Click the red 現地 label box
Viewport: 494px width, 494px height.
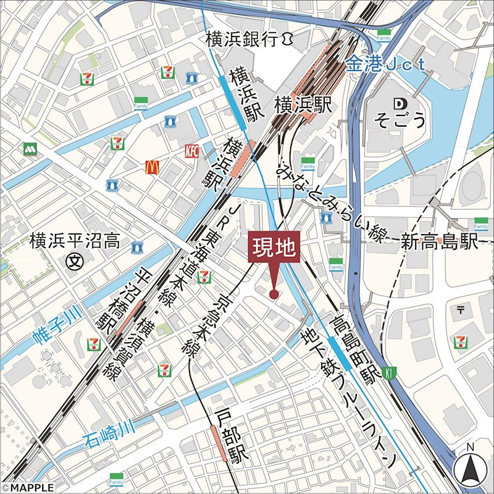274,249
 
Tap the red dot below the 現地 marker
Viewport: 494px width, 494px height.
274,295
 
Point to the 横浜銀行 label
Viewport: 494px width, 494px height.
249,40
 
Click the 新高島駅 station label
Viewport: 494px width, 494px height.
440,242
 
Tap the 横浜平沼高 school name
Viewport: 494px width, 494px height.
75,241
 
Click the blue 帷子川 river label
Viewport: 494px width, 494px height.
59,327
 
